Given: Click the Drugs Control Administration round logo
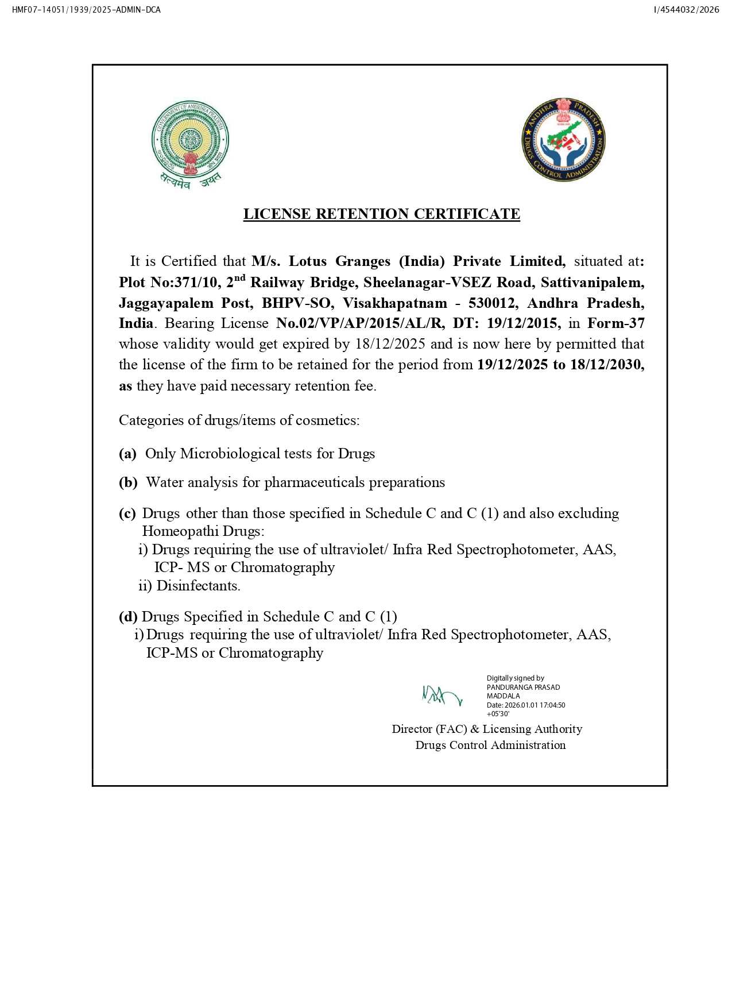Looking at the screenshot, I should click(563, 140).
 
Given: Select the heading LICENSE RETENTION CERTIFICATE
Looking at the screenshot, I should click(381, 214).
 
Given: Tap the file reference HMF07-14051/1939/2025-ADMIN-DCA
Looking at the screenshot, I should click(86, 10).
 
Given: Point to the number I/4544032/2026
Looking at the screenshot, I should click(686, 10).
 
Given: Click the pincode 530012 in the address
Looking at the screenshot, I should click(492, 303).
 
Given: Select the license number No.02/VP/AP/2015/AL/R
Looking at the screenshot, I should click(360, 323).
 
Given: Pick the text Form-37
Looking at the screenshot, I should click(615, 323).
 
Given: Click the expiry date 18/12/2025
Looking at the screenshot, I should click(390, 344).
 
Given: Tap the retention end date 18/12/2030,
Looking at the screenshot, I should click(607, 365).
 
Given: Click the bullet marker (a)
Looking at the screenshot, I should click(127, 454).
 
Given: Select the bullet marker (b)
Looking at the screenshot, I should click(128, 482).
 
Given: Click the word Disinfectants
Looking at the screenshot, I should click(198, 586).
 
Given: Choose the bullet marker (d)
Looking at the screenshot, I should click(128, 617).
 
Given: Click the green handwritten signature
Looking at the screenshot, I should click(441, 696).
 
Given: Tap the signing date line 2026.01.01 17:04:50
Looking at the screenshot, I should click(534, 705).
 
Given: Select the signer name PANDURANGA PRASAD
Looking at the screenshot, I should click(523, 688).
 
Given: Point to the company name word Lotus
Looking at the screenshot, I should click(307, 261).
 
